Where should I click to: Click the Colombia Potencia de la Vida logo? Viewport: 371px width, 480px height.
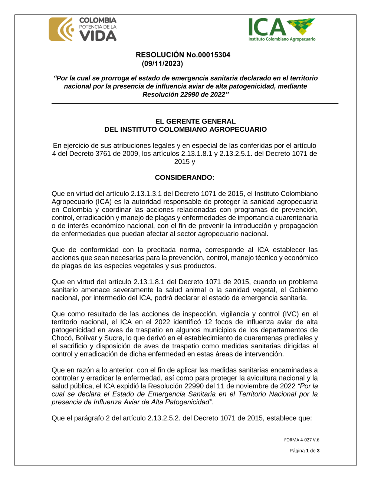click(83, 29)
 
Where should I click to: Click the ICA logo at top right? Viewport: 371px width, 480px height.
click(282, 30)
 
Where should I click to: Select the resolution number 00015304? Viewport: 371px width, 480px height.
click(214, 55)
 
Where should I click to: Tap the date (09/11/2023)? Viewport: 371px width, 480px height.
click(162, 64)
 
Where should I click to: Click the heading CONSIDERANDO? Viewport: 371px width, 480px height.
click(184, 178)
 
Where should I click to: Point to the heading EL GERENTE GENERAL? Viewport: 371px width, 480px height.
click(195, 121)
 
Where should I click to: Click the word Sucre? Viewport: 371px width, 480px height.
click(113, 338)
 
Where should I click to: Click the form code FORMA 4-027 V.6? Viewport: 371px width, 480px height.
click(301, 440)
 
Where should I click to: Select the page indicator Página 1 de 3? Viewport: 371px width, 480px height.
click(304, 451)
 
